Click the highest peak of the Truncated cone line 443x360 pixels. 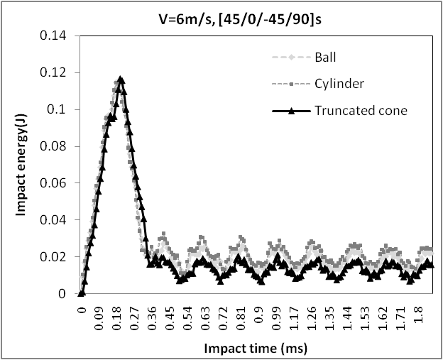(x=121, y=80)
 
